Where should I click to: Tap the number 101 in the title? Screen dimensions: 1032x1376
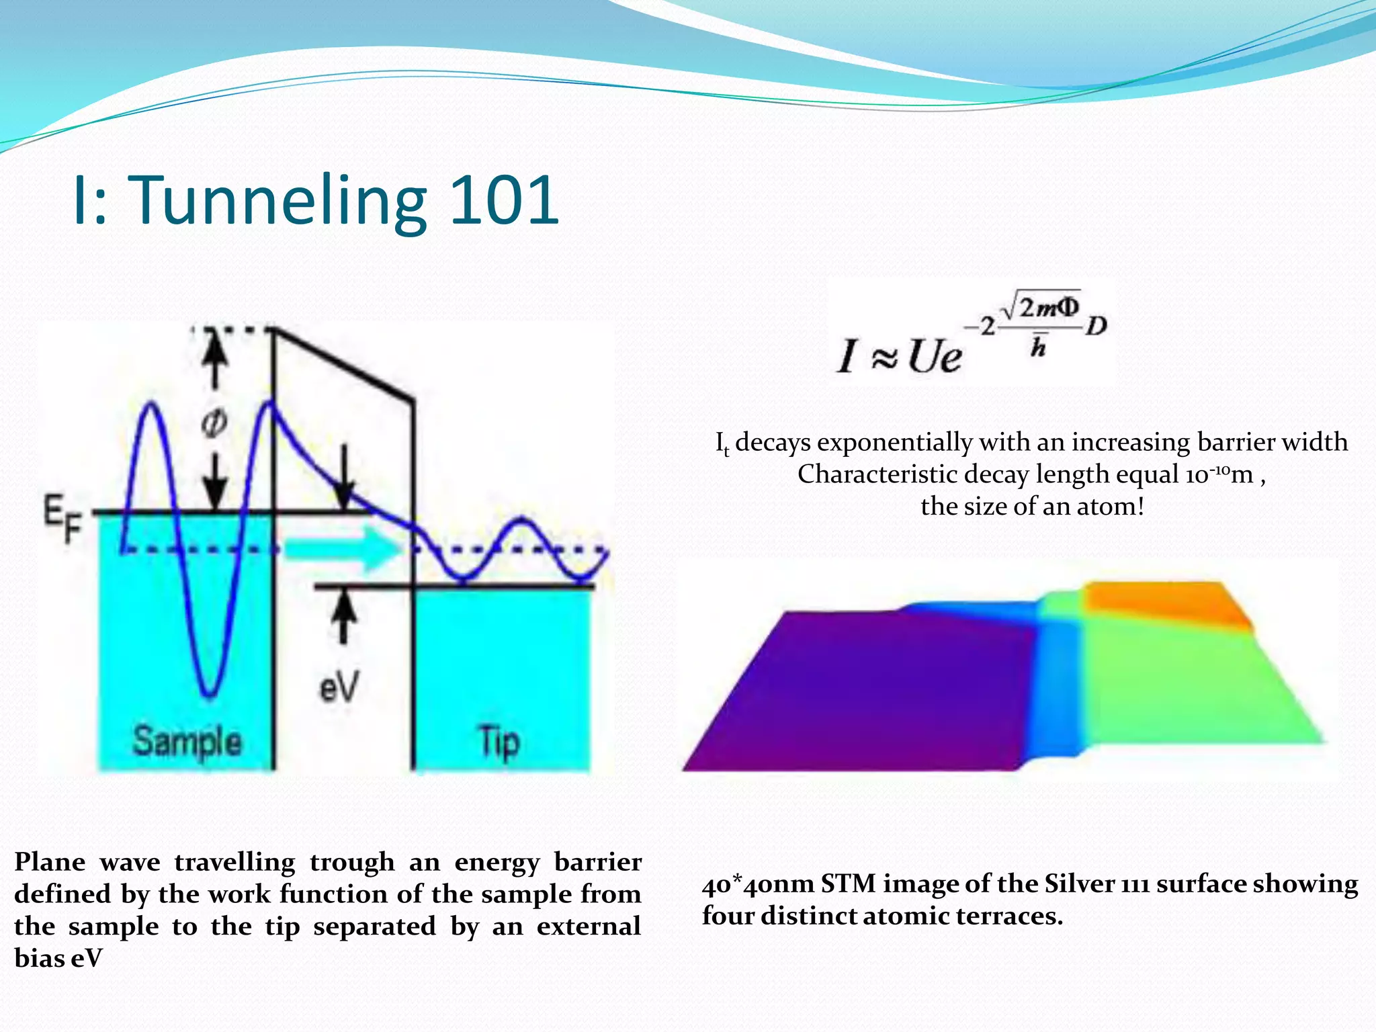(x=504, y=200)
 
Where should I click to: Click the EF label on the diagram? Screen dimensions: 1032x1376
(x=62, y=518)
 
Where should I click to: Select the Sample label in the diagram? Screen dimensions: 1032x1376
(x=187, y=741)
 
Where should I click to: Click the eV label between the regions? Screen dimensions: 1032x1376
(x=339, y=687)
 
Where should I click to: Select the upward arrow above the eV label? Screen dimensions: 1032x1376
(x=344, y=615)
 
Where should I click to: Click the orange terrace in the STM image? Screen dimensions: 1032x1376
(x=1162, y=601)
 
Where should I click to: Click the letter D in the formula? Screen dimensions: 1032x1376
(x=1096, y=327)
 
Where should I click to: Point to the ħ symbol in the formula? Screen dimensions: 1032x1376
(x=1039, y=346)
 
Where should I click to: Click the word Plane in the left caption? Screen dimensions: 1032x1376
(x=50, y=862)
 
